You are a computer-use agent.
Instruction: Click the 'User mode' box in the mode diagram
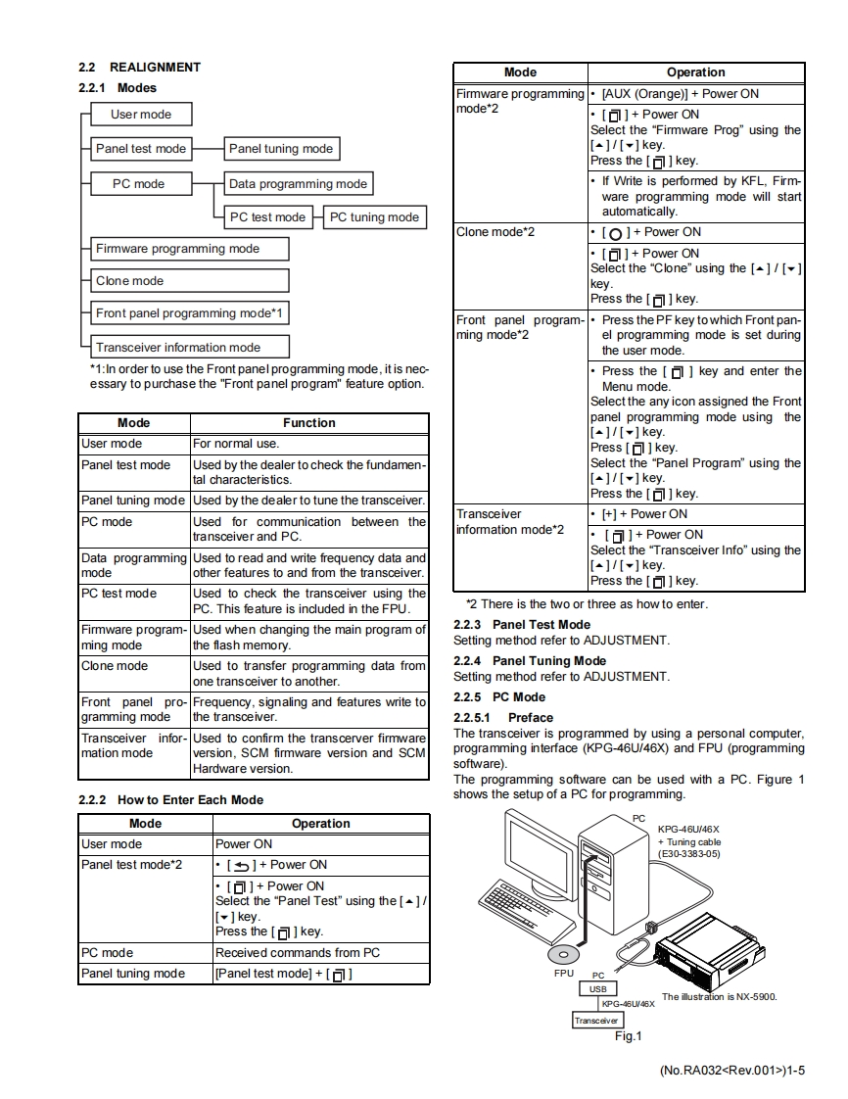[x=141, y=115]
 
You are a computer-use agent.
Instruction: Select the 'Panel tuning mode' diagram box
[x=281, y=149]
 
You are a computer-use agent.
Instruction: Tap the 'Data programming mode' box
[x=298, y=183]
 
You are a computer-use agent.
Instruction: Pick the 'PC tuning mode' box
[x=375, y=217]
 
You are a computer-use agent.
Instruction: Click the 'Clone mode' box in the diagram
[x=191, y=281]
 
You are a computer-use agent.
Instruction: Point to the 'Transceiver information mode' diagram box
[x=191, y=347]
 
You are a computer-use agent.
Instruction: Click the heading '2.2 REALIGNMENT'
[x=139, y=68]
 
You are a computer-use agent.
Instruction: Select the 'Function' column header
[x=309, y=423]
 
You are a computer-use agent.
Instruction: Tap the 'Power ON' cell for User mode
[x=244, y=844]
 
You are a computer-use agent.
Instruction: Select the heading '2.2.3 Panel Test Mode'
[x=522, y=625]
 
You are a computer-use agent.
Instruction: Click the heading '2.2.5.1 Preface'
[x=503, y=718]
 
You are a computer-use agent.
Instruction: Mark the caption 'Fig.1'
[x=627, y=1036]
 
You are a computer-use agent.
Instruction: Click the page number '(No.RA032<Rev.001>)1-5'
[x=732, y=1070]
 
